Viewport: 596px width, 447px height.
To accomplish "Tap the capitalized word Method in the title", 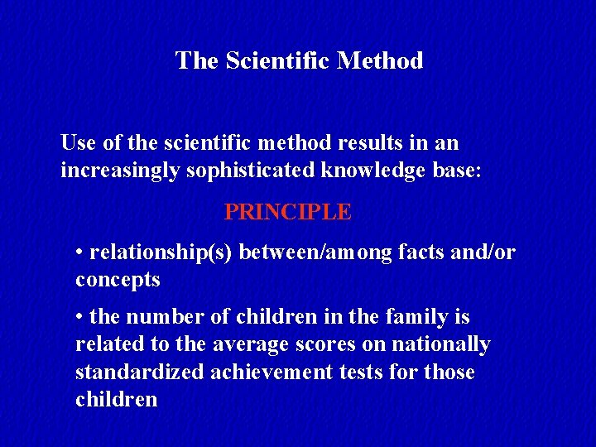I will tap(381, 60).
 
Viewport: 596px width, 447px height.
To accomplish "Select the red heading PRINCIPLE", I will tap(288, 212).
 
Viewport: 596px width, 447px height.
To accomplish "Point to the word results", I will tap(358, 143).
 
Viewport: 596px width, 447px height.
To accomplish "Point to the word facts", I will tap(422, 252).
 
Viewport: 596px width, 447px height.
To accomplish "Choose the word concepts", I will tap(118, 280).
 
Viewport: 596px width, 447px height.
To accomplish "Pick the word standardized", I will tap(139, 372).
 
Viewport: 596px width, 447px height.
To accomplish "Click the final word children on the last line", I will tap(116, 400).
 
